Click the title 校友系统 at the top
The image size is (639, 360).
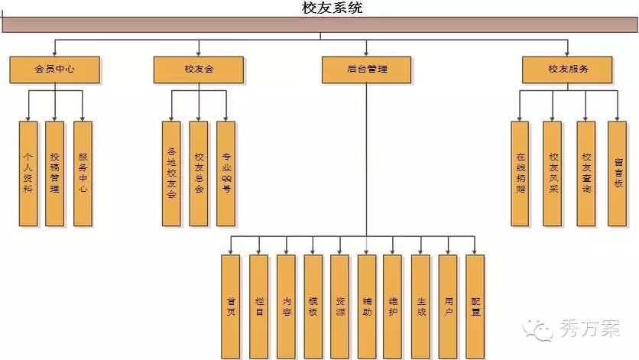click(x=332, y=8)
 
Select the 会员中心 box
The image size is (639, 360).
click(x=54, y=70)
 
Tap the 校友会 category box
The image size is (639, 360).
click(x=199, y=70)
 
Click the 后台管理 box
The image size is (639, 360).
click(x=366, y=70)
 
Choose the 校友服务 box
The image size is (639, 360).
click(x=567, y=70)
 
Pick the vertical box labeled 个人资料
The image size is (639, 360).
click(x=28, y=174)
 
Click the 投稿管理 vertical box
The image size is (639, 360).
click(x=54, y=174)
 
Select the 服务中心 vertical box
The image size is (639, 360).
click(x=83, y=174)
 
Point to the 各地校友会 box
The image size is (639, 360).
click(x=172, y=174)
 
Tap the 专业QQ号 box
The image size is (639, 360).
click(x=225, y=174)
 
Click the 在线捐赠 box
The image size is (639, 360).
click(x=521, y=174)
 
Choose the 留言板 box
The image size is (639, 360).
click(x=618, y=174)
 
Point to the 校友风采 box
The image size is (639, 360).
click(x=553, y=174)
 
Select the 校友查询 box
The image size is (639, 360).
click(x=586, y=174)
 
